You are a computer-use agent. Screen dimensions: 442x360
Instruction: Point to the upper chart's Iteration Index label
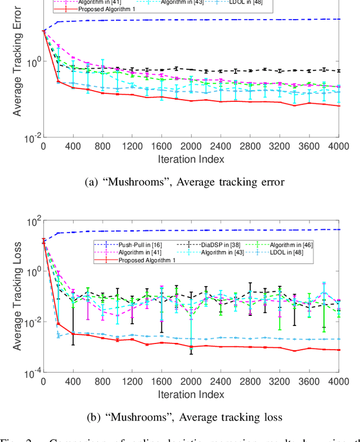[191, 159]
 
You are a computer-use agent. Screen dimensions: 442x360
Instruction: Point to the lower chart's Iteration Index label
[191, 394]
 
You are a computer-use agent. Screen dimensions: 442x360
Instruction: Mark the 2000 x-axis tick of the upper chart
[191, 146]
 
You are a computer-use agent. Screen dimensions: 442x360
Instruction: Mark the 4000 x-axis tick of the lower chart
[339, 381]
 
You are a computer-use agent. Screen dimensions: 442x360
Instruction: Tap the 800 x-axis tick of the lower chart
[102, 381]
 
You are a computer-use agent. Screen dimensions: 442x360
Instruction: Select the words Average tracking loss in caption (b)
[240, 417]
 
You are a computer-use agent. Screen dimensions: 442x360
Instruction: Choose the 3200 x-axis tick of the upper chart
[280, 146]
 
